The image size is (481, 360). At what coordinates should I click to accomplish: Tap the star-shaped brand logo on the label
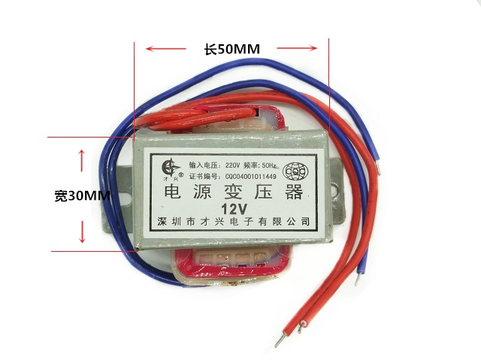point(170,165)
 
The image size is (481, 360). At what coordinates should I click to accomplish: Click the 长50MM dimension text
point(231,50)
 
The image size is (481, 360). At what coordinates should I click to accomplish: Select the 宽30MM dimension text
point(82,196)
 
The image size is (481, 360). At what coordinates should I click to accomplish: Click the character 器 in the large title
point(293,192)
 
